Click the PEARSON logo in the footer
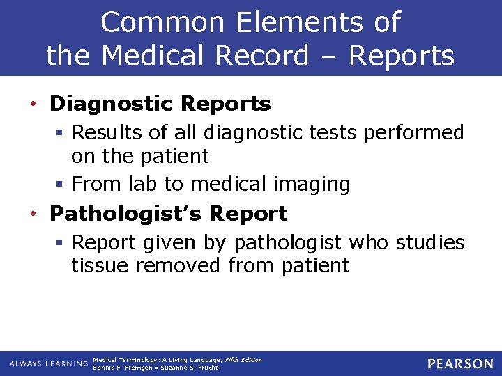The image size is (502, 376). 460,363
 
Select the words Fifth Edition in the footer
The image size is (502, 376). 243,360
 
